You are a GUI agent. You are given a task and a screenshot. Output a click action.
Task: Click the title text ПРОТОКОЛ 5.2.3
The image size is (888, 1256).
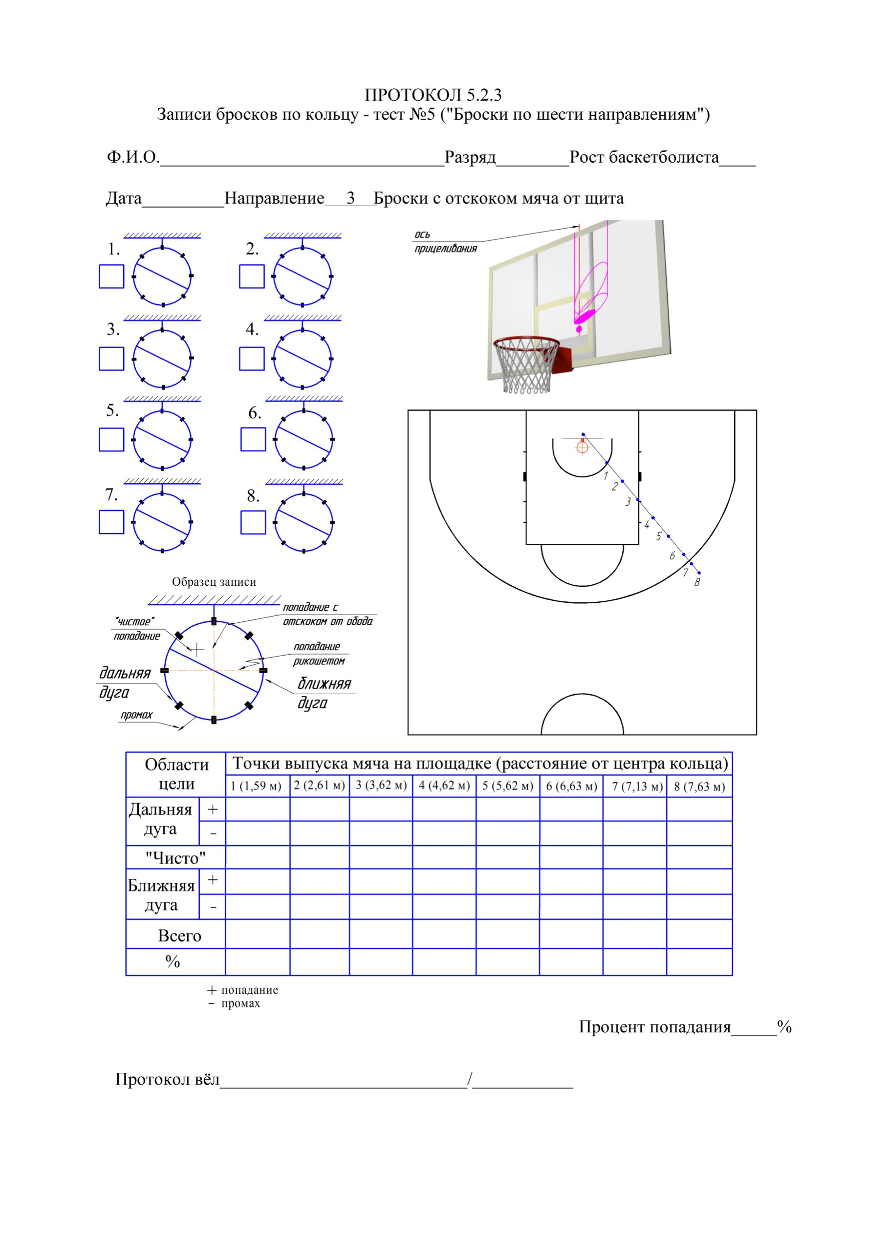433,95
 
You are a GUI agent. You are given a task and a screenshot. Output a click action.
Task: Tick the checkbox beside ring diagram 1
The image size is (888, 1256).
111,276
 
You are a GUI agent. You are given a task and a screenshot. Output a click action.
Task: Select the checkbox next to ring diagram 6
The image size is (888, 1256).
253,439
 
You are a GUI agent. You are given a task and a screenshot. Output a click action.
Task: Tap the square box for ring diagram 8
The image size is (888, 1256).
253,522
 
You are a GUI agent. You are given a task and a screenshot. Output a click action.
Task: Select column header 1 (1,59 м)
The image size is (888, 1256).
256,786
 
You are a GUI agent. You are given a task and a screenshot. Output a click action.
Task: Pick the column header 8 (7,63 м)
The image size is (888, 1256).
699,787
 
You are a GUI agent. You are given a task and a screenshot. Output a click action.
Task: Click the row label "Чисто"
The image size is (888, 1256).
175,858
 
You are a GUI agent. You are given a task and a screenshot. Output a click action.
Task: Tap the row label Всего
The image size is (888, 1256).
179,936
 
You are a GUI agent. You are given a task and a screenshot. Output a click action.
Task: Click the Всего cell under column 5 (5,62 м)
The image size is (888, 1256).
507,934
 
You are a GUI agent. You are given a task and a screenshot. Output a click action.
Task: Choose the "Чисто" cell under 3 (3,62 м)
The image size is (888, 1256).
381,857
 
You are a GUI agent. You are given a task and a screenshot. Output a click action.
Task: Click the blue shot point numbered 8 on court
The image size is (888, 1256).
699,573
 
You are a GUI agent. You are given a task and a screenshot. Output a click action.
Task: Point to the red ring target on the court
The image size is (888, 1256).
582,447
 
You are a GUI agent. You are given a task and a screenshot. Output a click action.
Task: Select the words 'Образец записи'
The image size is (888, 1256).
214,581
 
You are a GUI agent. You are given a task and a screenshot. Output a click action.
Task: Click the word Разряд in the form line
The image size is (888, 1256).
470,157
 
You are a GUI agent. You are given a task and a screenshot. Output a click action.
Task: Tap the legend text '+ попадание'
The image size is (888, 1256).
243,990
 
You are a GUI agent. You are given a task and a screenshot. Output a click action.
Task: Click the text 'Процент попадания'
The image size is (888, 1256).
655,1027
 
